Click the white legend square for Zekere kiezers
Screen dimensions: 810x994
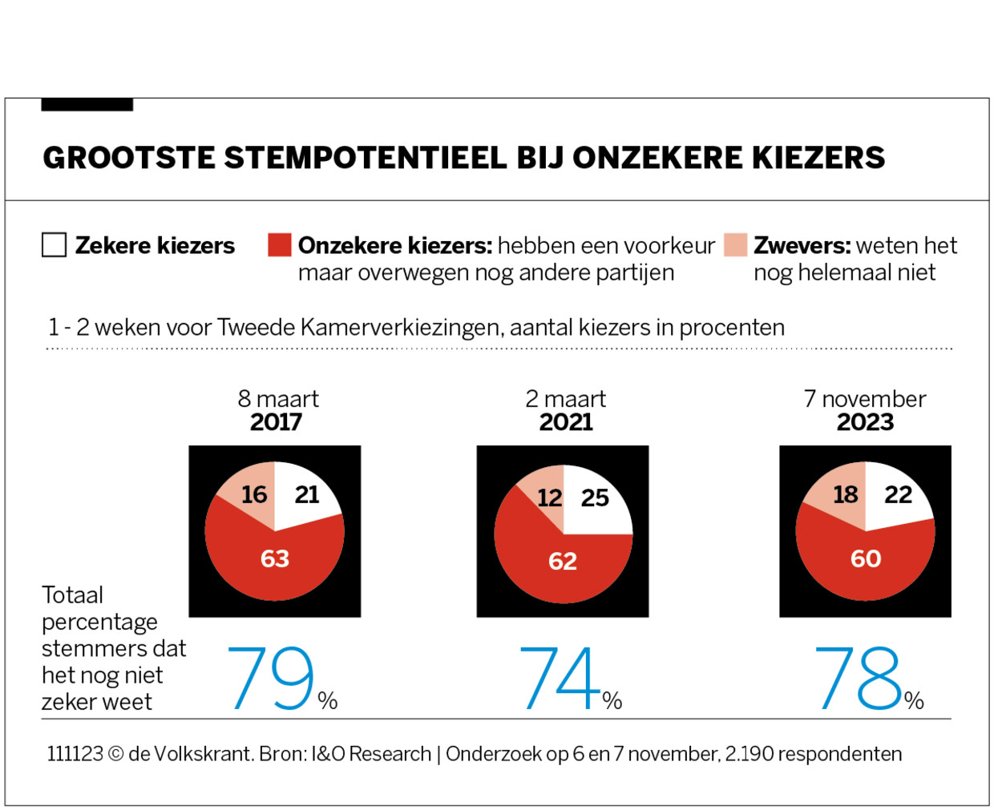click(x=54, y=245)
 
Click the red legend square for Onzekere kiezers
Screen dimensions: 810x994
click(x=279, y=245)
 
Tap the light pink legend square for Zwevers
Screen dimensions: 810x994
click(x=735, y=245)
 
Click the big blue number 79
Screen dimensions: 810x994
click(x=270, y=679)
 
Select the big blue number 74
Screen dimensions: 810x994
click(x=560, y=679)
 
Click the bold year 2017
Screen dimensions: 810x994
click(x=276, y=422)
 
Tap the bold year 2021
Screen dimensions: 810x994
click(x=566, y=422)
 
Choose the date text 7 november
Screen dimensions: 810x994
click(x=865, y=399)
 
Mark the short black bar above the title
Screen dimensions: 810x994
click(x=87, y=105)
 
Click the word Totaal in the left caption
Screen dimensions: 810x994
click(x=72, y=595)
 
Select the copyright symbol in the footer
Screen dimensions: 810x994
click(x=115, y=755)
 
